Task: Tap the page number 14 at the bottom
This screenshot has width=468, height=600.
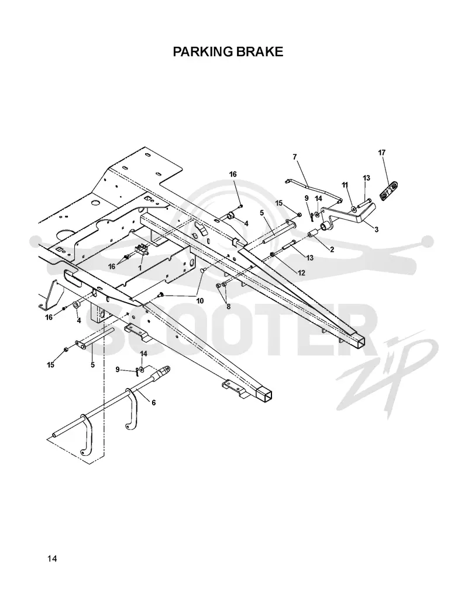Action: (x=52, y=559)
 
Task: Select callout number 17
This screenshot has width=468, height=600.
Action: (x=381, y=152)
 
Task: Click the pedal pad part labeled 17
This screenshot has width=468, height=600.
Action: (x=389, y=190)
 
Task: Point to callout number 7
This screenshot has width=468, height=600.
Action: (x=295, y=157)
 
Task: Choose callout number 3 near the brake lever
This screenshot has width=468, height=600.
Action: (x=376, y=230)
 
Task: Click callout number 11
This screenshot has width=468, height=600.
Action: (x=345, y=185)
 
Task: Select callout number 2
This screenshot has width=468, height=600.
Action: (x=332, y=249)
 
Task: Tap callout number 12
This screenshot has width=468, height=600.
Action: (x=301, y=272)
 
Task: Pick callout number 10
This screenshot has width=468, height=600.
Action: (x=199, y=301)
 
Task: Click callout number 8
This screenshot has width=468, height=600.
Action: (x=228, y=306)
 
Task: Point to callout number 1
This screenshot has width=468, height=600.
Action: (x=140, y=268)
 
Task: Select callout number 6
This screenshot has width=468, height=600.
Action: (x=154, y=403)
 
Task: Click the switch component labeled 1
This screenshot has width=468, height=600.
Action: (x=140, y=250)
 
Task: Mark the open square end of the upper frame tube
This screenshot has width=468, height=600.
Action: (x=360, y=341)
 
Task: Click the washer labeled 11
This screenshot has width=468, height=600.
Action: (x=353, y=209)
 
